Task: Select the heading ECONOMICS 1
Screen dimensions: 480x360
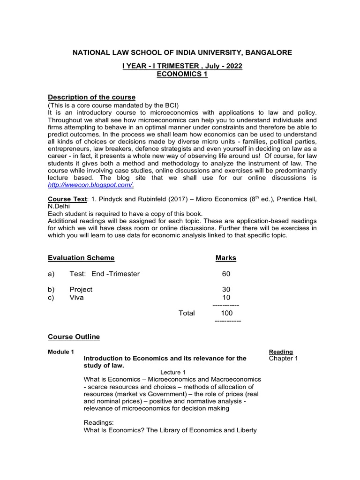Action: [182, 75]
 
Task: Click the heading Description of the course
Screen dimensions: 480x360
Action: [92, 97]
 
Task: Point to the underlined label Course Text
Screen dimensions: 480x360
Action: [67, 199]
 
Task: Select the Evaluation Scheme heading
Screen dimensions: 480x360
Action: [81, 258]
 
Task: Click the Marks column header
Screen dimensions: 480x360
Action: [226, 258]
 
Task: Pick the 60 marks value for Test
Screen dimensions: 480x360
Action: [226, 274]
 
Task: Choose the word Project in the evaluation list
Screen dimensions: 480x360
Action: [81, 290]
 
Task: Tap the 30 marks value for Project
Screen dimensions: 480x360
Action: [226, 290]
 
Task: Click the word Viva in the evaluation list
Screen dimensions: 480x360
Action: [76, 298]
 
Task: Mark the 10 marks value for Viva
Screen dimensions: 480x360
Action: [226, 298]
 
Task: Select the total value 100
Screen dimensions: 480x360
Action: [226, 313]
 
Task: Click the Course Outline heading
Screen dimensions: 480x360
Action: [74, 337]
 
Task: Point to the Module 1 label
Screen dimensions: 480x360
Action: [61, 352]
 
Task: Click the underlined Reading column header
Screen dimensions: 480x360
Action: [281, 352]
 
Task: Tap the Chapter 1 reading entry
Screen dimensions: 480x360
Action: [284, 359]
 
